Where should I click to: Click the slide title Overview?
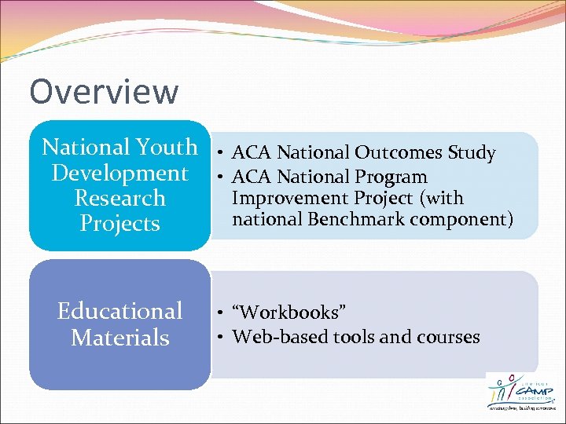coord(104,92)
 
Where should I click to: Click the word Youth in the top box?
coord(167,147)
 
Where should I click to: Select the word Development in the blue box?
coord(119,173)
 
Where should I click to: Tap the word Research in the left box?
coord(119,198)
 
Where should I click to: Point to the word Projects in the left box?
coord(119,224)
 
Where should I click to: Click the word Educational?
coord(119,311)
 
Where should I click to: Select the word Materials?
coord(119,338)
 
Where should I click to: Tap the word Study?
coord(472,153)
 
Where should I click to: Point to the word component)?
coord(463,219)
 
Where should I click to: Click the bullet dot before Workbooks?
coord(223,313)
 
